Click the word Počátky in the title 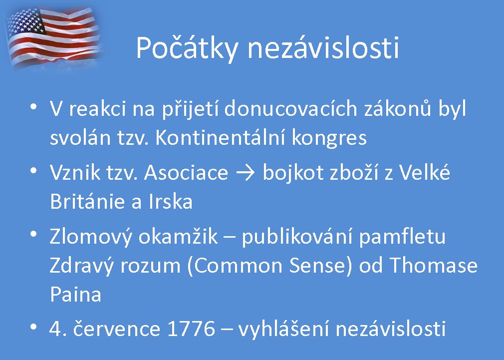click(187, 48)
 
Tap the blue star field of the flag click(26, 22)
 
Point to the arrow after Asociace click(246, 173)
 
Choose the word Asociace click(186, 172)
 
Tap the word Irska click(170, 202)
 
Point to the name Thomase click(434, 265)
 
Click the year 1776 click(191, 329)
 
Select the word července click(116, 329)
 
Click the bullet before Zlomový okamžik click(33, 234)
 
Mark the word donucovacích click(290, 108)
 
